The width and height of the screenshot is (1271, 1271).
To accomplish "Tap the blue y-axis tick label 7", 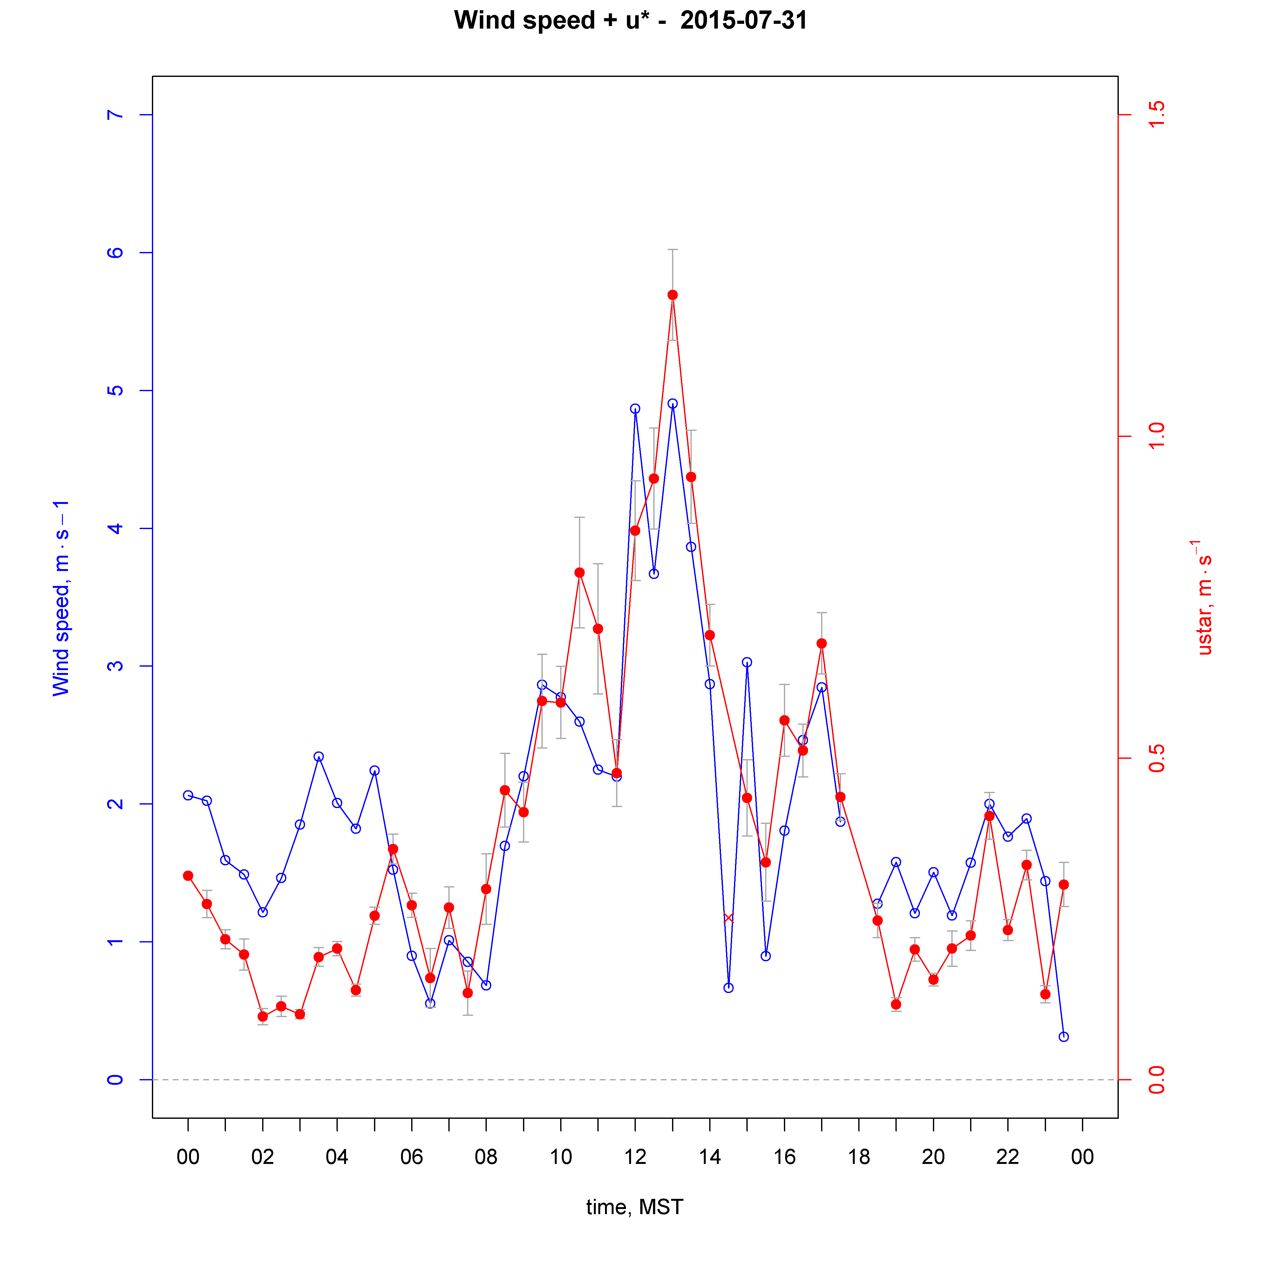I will point(115,115).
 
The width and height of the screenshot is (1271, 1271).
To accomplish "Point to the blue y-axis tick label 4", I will point(115,528).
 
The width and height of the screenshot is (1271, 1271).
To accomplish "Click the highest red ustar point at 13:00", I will point(672,295).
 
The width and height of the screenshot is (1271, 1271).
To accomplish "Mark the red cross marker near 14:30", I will point(728,918).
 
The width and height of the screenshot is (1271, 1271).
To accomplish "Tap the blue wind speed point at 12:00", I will point(635,409).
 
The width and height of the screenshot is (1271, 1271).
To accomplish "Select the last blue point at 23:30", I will point(1064,1037).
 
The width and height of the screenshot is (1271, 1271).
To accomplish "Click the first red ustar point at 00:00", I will point(188,876).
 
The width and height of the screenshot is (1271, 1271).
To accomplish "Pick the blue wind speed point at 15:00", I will point(747,663).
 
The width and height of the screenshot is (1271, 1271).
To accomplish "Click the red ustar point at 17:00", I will point(822,643).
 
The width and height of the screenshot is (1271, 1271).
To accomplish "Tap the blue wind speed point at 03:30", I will point(318,757).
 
